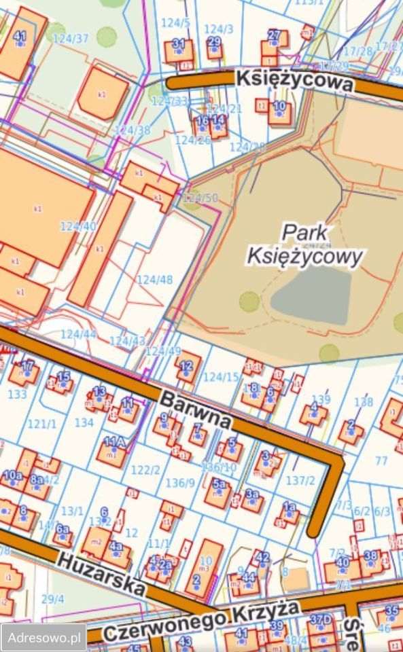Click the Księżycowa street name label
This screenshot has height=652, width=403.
click(x=294, y=81)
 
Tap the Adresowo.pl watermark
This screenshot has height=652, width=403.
click(x=43, y=638)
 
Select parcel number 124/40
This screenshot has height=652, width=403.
click(x=78, y=226)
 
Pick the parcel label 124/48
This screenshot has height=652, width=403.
click(x=155, y=279)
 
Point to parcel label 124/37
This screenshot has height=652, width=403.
click(x=71, y=38)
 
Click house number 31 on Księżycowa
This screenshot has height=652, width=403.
click(x=179, y=44)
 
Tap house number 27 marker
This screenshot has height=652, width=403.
click(x=274, y=35)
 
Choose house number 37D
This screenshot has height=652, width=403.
click(x=321, y=619)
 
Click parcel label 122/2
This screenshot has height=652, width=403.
click(x=145, y=470)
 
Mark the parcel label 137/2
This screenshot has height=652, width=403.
click(x=300, y=481)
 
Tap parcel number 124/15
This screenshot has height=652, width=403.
click(x=222, y=377)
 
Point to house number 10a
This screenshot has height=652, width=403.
click(x=13, y=475)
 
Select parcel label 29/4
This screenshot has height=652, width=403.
click(x=52, y=598)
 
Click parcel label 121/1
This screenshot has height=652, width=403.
click(x=42, y=424)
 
